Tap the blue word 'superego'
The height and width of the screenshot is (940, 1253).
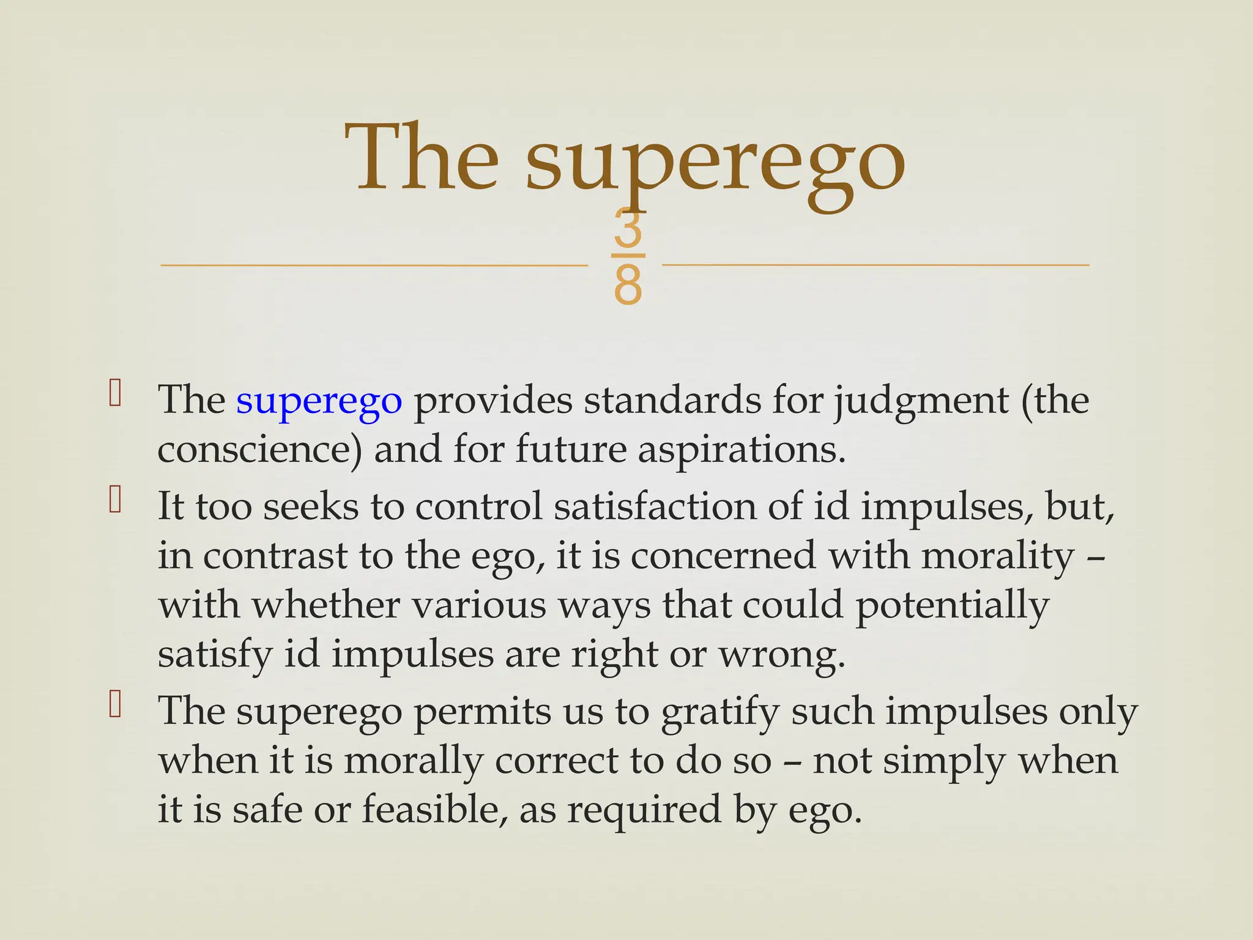[x=319, y=401]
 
